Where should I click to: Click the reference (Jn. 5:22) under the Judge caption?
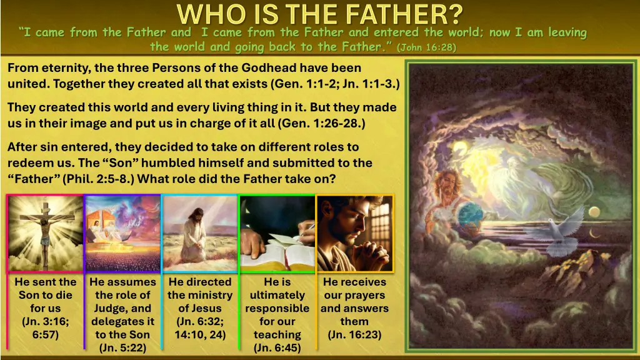[x=122, y=347]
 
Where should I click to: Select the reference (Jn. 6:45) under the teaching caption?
[x=277, y=347]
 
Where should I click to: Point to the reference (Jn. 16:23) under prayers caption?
[x=354, y=334]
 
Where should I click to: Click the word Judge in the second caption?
[x=113, y=308]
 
